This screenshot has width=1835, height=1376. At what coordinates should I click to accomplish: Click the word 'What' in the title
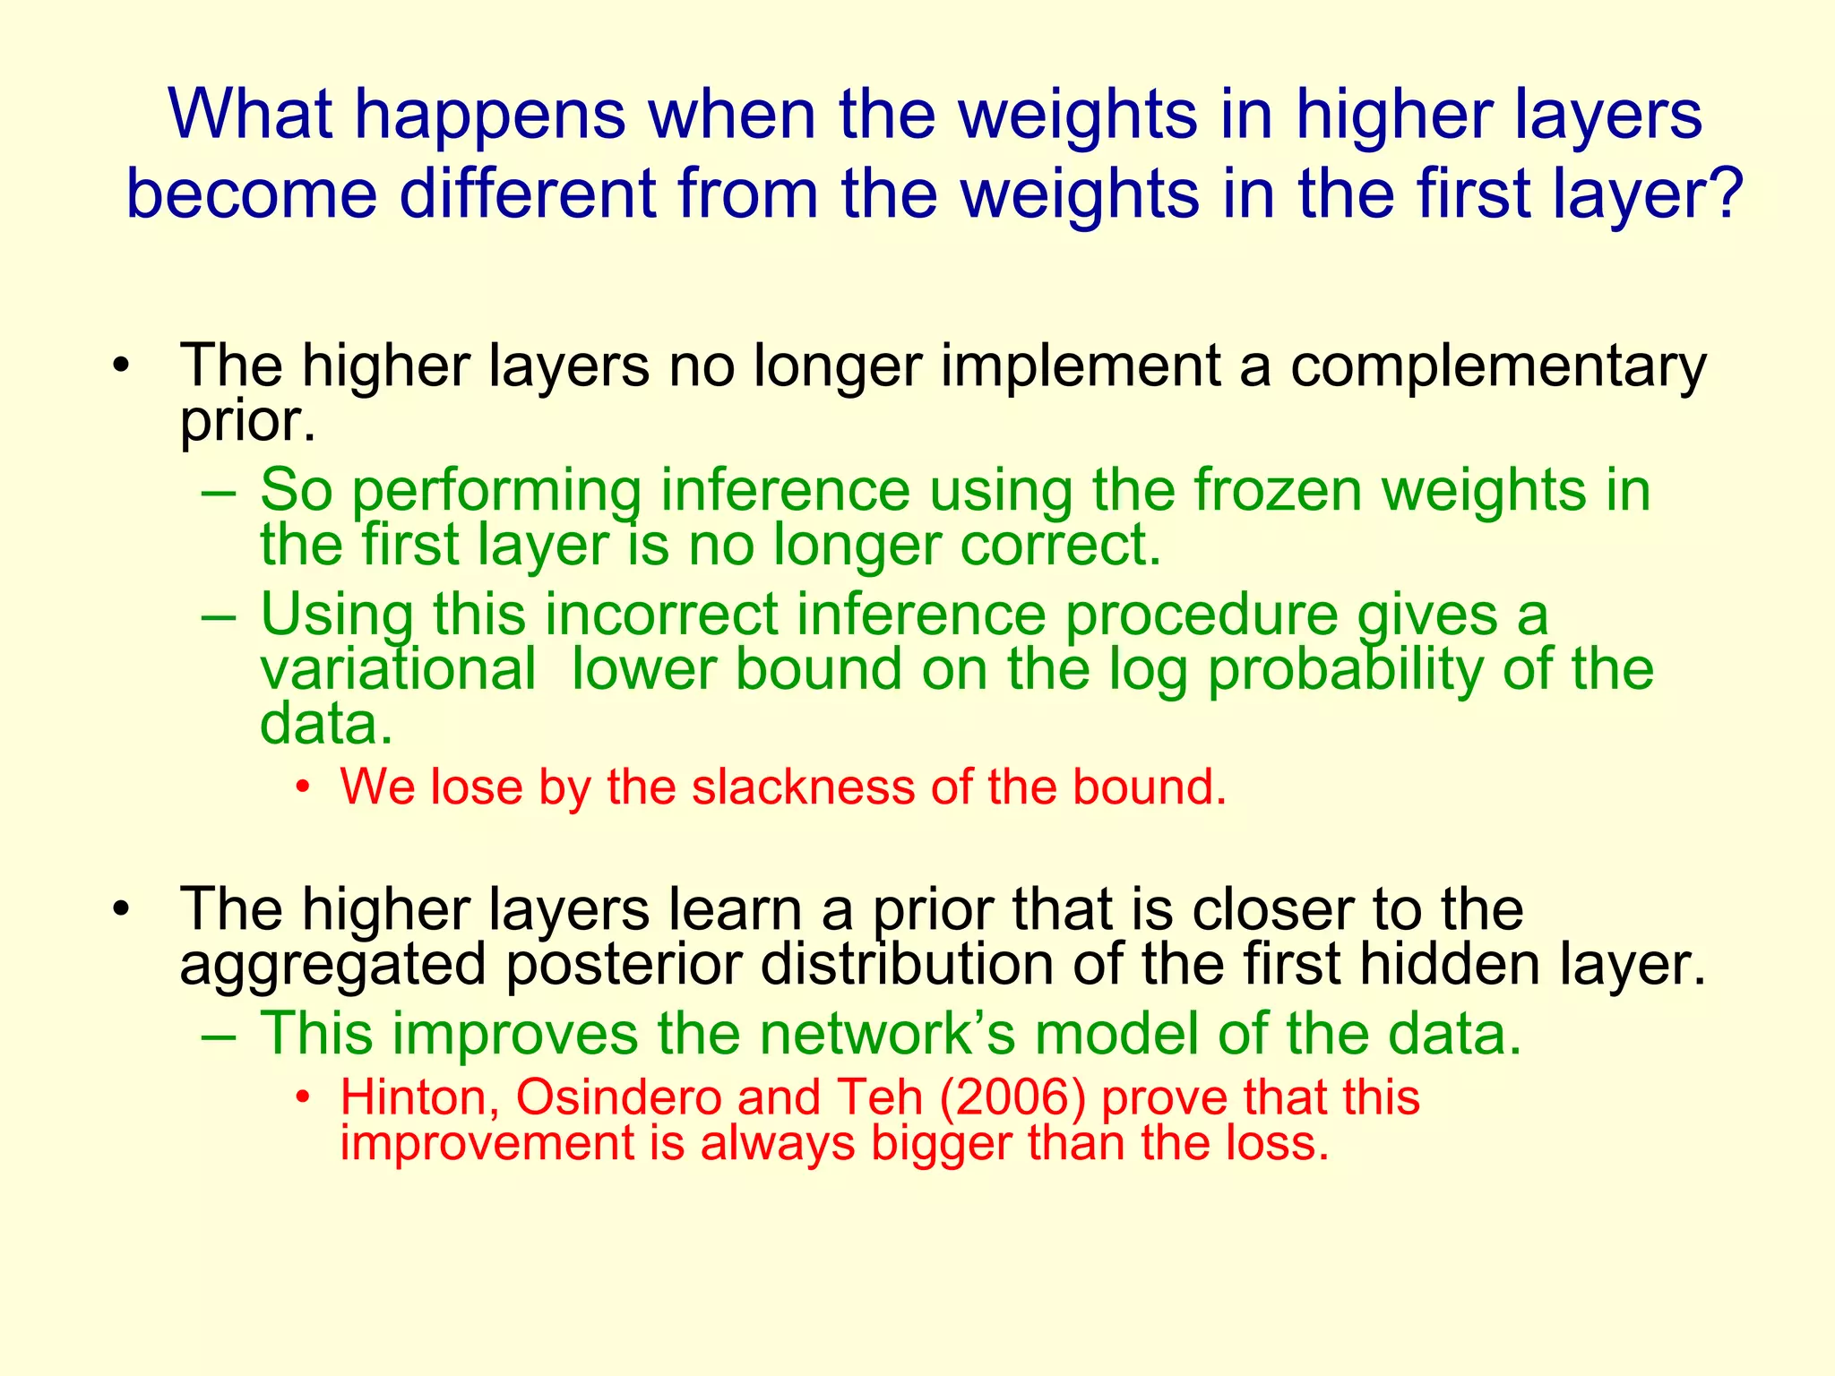(250, 114)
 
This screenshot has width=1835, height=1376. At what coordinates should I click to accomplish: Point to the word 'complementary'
(1498, 367)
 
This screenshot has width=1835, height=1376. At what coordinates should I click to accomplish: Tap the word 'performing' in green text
(496, 493)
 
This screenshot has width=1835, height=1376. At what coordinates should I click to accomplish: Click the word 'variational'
(398, 669)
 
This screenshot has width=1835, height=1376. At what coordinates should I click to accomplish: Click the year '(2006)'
(1012, 1098)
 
